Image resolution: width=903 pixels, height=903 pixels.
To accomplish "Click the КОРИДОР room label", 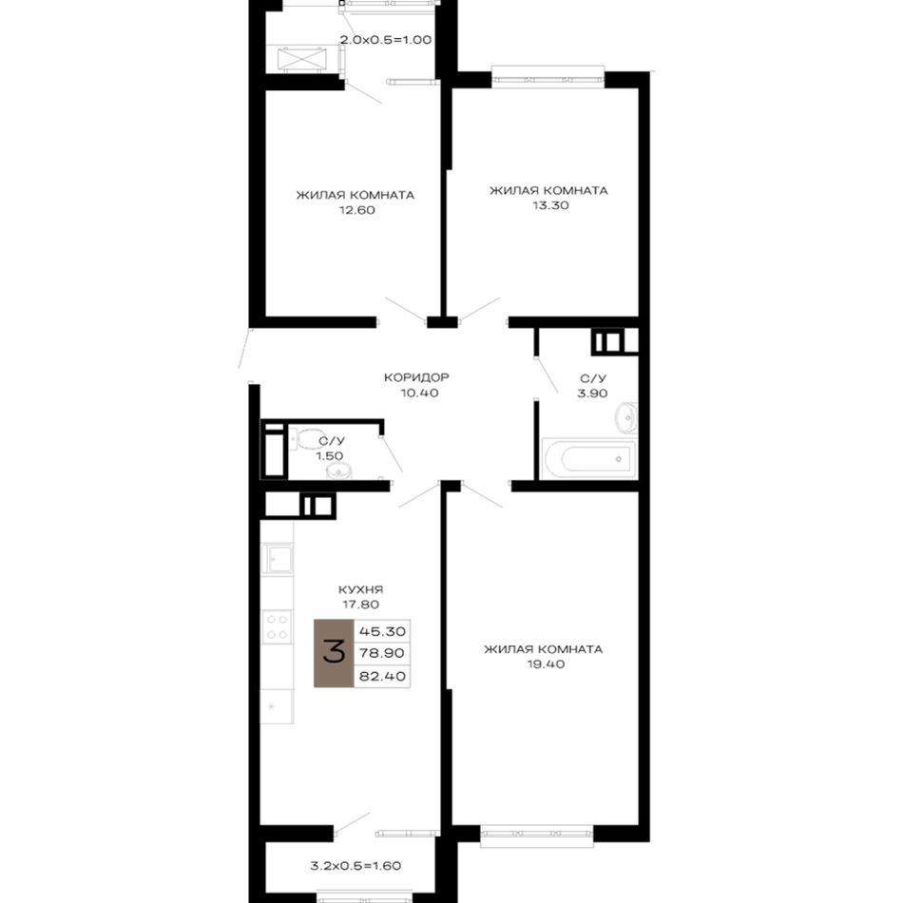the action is (416, 377).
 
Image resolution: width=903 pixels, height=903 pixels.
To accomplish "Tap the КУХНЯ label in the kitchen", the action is (360, 589).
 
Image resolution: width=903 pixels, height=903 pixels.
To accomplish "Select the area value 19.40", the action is (546, 664).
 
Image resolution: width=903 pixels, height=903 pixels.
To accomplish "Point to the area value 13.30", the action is (550, 205).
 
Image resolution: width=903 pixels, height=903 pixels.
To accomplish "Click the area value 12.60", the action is (356, 210).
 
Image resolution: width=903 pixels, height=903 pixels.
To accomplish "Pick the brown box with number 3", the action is (334, 653).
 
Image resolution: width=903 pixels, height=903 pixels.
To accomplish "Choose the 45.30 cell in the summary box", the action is (382, 631).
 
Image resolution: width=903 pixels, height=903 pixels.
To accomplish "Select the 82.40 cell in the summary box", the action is (382, 676).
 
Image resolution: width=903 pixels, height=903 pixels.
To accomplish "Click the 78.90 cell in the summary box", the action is (382, 654).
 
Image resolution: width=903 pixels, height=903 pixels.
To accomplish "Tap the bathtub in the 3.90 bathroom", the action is (588, 459).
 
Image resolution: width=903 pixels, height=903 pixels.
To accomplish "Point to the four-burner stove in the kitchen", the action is (277, 627).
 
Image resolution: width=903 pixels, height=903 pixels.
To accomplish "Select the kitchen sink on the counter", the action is (278, 558).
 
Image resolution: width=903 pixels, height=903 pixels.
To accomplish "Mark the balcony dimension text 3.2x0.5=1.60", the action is (355, 865).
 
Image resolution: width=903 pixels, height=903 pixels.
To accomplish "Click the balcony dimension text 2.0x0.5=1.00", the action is (385, 40).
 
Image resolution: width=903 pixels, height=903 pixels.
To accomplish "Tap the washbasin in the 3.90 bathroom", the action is (626, 417).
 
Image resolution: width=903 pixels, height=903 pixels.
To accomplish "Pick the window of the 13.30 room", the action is (548, 77).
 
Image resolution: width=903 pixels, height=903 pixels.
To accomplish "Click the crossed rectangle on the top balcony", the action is (301, 59).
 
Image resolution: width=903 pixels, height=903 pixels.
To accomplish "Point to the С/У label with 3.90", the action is (593, 378).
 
